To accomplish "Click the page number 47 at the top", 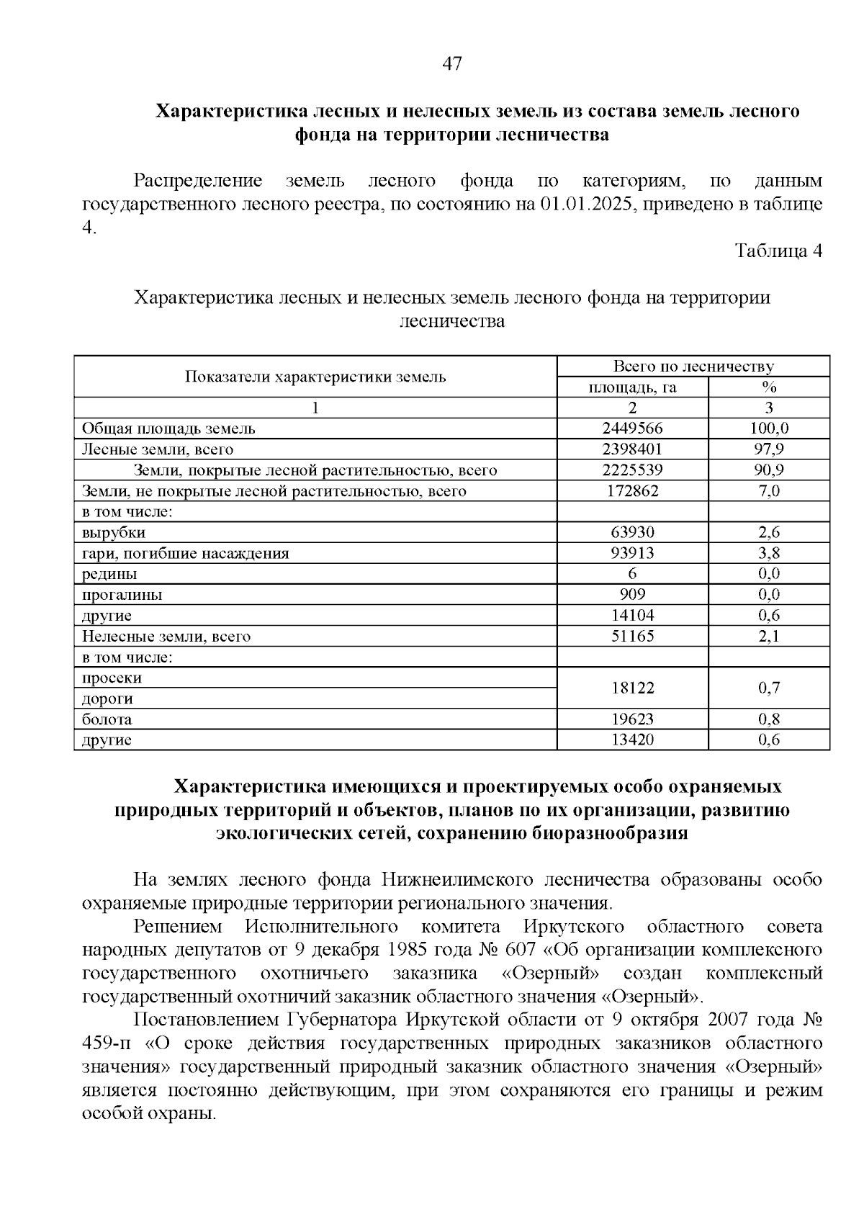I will tap(451, 64).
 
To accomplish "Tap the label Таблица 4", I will tap(778, 251).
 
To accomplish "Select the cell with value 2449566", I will tap(632, 428).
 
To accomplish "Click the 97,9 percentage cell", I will tap(769, 449).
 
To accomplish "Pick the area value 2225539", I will tap(632, 470).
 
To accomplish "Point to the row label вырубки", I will tap(114, 533).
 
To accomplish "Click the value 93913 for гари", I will tap(632, 554).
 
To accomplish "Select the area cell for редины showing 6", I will tap(632, 574).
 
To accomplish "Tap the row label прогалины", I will tap(122, 595).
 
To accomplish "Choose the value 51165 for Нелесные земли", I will tap(632, 637).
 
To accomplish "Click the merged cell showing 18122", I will tap(632, 688).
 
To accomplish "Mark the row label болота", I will tap(107, 719).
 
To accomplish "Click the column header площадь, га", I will tap(632, 387).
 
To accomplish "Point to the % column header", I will tap(769, 387).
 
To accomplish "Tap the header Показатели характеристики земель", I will tap(315, 377).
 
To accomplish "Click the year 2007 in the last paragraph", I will tap(734, 1020).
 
